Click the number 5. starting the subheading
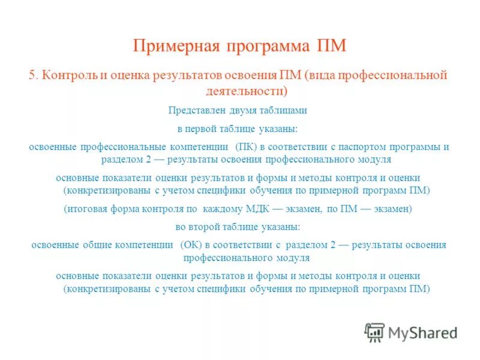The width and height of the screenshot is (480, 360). coord(34,76)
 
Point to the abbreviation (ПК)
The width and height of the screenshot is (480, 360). coord(247,147)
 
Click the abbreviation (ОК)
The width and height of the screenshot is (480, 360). coord(191,245)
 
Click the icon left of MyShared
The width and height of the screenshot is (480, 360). coord(374,332)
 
